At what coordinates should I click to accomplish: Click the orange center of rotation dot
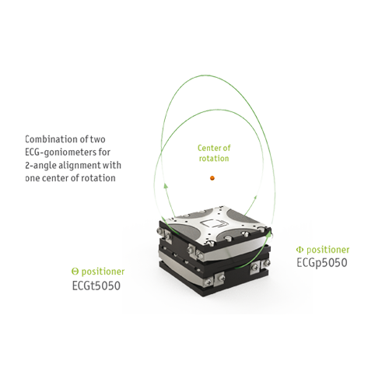pos(212,178)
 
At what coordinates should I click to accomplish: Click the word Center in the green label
pos(209,148)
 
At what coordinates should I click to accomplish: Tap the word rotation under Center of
pos(214,158)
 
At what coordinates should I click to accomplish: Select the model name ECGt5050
pos(96,286)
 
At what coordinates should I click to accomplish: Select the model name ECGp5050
pos(322,263)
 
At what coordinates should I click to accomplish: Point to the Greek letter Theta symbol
pos(75,272)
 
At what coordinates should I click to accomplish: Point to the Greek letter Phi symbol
pos(300,250)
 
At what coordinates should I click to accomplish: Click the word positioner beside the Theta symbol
pos(103,272)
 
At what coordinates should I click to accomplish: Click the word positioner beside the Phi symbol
pos(328,250)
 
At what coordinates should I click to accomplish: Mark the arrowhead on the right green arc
pos(255,198)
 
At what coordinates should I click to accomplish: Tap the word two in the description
pos(97,139)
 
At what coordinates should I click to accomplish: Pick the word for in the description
pos(104,152)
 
